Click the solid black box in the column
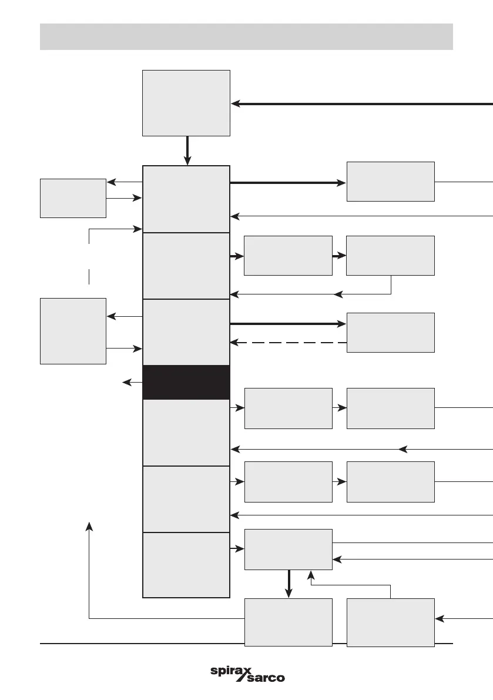click(x=186, y=382)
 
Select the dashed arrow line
click(x=288, y=342)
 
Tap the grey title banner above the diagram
click(x=246, y=36)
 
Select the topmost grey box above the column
click(x=186, y=103)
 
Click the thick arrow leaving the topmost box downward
click(x=187, y=150)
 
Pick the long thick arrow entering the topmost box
click(x=361, y=104)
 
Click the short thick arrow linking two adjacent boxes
click(x=339, y=256)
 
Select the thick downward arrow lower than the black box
click(x=289, y=584)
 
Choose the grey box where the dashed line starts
click(x=390, y=332)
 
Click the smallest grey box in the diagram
click(x=73, y=197)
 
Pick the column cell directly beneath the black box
click(x=186, y=433)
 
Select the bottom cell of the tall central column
click(x=186, y=565)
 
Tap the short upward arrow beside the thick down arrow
click(x=310, y=577)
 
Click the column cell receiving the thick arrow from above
click(x=186, y=199)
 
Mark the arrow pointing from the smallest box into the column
click(x=125, y=198)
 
